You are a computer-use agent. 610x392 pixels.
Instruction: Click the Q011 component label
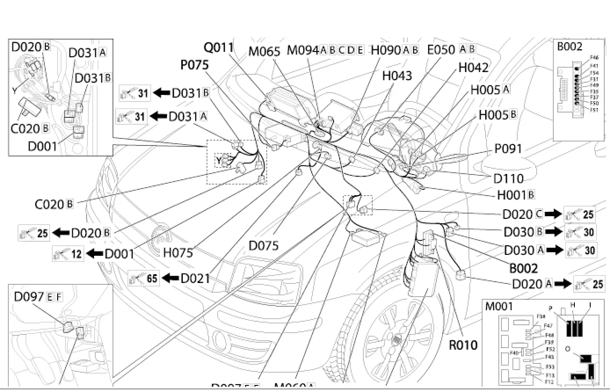(x=218, y=47)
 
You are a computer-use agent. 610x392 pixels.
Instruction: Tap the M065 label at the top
(x=264, y=51)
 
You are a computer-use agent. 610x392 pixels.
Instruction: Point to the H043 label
(x=397, y=76)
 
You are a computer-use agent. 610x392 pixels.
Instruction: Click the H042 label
(x=473, y=68)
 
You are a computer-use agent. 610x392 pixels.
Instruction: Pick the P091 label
(x=508, y=149)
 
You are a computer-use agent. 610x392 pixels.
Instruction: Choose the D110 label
(x=508, y=178)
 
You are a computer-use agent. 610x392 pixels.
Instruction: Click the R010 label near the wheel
(x=463, y=345)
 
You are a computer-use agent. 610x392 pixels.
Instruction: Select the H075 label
(x=178, y=253)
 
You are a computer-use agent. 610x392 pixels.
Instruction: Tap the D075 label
(x=264, y=246)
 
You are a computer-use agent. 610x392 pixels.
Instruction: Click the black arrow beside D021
(x=171, y=278)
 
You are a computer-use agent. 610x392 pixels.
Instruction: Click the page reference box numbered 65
(x=144, y=278)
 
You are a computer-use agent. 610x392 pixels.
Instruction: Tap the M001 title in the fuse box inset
(x=499, y=306)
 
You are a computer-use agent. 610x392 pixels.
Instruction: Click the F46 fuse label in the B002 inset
(x=594, y=58)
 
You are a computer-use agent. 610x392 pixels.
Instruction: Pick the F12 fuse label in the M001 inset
(x=549, y=382)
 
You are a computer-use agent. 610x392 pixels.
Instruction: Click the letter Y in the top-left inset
(x=15, y=91)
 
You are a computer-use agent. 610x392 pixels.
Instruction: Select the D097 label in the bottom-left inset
(x=29, y=297)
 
